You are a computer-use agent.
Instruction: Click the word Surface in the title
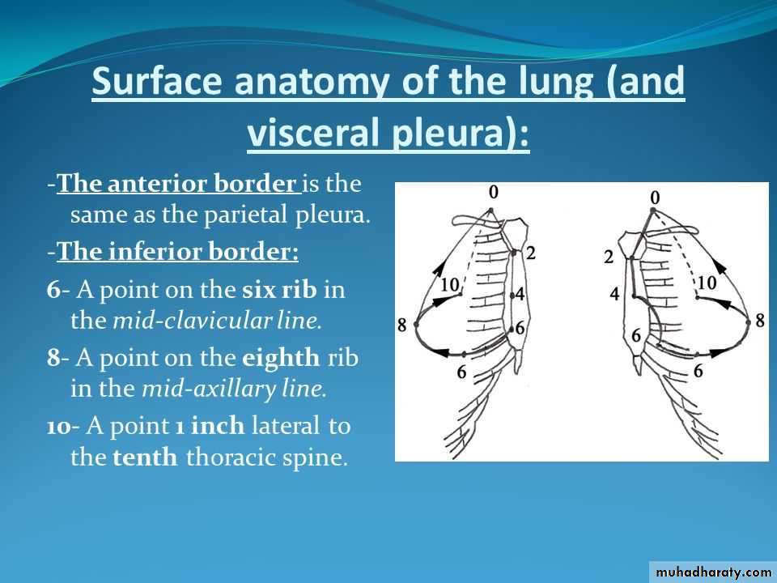[x=157, y=81]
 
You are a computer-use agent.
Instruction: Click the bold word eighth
[x=281, y=358]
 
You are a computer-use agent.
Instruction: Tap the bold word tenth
[x=145, y=457]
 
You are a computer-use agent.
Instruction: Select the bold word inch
[x=218, y=426]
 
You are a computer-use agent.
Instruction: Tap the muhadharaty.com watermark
[x=713, y=572]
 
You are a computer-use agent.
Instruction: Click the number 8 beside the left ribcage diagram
[x=402, y=326]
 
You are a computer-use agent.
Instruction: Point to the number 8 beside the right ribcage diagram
[x=760, y=321]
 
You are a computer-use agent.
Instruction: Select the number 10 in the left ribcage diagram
[x=450, y=284]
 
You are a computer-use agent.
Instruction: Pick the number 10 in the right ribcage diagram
[x=707, y=283]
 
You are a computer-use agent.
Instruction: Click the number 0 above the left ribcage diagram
[x=493, y=193]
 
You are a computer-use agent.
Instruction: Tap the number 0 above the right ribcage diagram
[x=655, y=198]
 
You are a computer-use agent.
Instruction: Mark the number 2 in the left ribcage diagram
[x=531, y=253]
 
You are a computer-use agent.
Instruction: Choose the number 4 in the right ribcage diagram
[x=614, y=294]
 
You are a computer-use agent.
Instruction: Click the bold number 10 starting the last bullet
[x=59, y=427]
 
